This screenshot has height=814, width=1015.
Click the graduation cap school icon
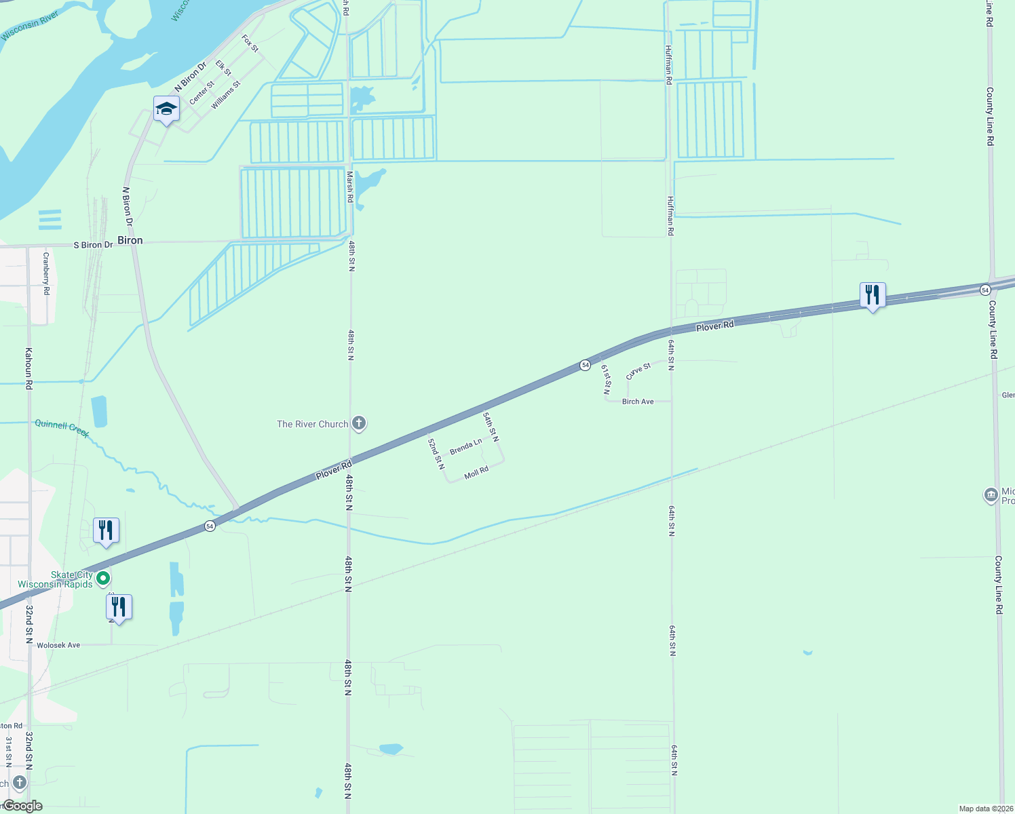point(166,109)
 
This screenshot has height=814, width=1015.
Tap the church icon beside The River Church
point(359,424)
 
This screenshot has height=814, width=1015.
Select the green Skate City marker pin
point(103,579)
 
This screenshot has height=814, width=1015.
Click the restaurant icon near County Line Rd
point(873,294)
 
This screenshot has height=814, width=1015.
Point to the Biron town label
point(130,240)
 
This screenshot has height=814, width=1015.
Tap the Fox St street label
point(250,44)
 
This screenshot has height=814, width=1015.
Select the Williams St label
point(226,96)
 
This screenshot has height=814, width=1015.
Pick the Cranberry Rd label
point(46,273)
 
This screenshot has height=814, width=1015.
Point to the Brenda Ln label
point(465,446)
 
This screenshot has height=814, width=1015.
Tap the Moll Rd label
point(476,472)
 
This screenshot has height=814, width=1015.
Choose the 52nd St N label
point(436,453)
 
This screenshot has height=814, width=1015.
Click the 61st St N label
point(606,379)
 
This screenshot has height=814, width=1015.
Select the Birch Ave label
point(638,402)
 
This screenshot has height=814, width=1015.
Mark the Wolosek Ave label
point(58,645)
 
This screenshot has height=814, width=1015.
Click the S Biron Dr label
point(93,245)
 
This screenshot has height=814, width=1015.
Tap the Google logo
point(22,806)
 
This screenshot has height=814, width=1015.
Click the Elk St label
point(223,68)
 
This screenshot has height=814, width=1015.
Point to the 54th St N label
point(491,426)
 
